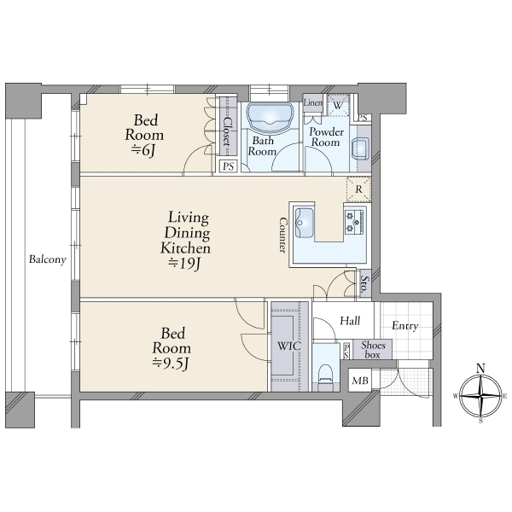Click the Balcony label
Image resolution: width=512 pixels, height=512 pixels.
(48, 259)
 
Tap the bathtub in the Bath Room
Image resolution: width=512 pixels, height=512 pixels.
(270, 119)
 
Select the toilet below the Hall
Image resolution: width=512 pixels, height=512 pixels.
(325, 377)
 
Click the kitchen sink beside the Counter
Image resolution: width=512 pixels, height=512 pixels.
(304, 222)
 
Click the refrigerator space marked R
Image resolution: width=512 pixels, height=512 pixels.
(358, 189)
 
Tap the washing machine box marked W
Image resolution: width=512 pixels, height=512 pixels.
(338, 106)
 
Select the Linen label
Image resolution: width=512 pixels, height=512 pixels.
(313, 102)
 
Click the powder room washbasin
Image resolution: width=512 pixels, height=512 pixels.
(360, 148)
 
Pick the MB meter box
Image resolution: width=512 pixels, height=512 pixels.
(360, 380)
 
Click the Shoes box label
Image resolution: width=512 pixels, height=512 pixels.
(373, 350)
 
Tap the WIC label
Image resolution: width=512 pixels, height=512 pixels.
(289, 346)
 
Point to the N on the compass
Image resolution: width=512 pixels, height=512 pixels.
(480, 369)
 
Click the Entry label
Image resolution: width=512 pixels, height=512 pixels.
(404, 326)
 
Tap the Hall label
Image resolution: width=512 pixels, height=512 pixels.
(350, 321)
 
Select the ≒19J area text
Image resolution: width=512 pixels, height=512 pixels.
(183, 263)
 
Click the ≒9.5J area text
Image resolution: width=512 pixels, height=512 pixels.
(171, 364)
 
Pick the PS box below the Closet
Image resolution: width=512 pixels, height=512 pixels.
(228, 166)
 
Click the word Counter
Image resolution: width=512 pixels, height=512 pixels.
(282, 236)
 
